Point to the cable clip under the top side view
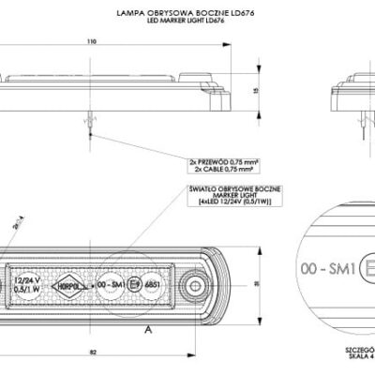[89, 119]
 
